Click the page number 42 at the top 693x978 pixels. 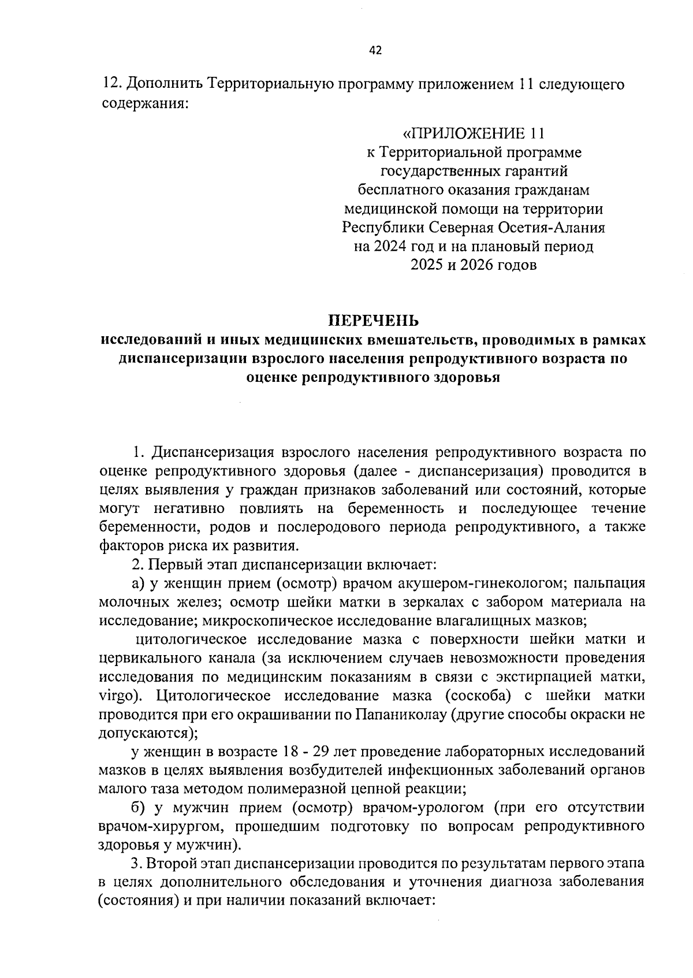[x=375, y=50]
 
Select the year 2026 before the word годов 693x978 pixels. [x=480, y=265]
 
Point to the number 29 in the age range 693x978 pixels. [x=330, y=751]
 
